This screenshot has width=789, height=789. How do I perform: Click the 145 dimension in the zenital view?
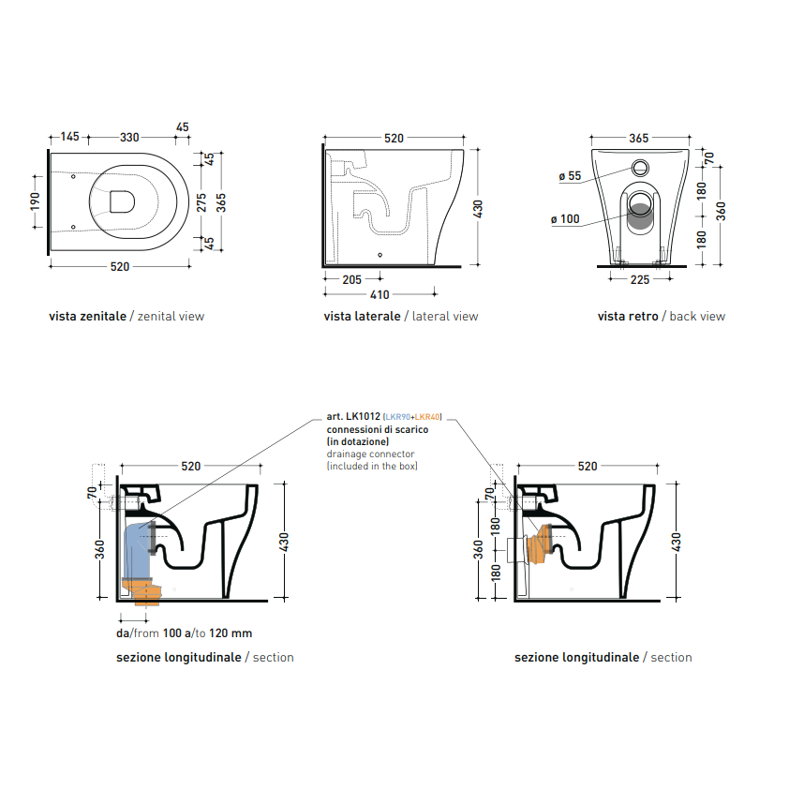click(x=70, y=137)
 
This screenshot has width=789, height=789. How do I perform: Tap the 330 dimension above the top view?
click(x=129, y=138)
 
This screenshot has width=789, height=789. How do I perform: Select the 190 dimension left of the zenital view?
click(x=35, y=201)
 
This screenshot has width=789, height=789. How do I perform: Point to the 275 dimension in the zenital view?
click(x=201, y=202)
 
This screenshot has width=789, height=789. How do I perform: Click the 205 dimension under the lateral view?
click(x=351, y=279)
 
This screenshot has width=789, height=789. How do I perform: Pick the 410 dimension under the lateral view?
click(x=380, y=295)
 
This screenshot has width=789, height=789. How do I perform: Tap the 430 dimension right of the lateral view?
click(x=478, y=209)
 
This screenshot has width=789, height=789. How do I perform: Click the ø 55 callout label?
click(x=570, y=176)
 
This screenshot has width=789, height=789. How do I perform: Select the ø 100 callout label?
click(x=565, y=219)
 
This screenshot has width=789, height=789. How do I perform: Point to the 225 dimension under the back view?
click(x=640, y=280)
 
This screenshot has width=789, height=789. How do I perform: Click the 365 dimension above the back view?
click(x=639, y=138)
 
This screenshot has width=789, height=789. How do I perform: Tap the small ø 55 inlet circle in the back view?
click(x=640, y=168)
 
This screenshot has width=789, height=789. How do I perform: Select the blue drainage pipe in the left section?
click(x=136, y=551)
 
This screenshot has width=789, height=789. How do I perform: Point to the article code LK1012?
click(x=363, y=417)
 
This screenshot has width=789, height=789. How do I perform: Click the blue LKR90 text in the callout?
click(x=397, y=417)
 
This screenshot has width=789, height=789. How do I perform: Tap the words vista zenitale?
click(x=87, y=317)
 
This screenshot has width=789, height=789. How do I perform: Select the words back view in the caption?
click(x=697, y=317)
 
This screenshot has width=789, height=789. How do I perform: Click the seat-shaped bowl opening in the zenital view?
click(x=122, y=201)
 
